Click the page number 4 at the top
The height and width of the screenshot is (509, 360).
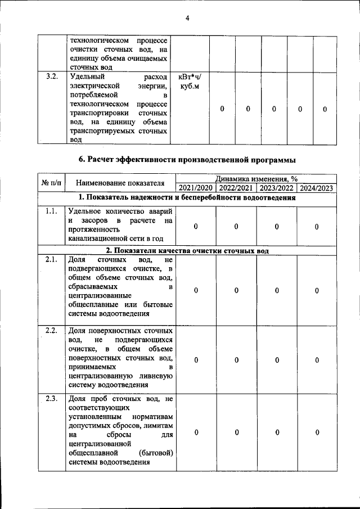point(188,18)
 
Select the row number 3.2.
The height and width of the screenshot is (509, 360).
point(52,76)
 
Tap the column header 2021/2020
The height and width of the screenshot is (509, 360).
point(196,188)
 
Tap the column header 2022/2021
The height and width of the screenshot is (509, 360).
point(236,188)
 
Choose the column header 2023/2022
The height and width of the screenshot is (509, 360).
point(277,188)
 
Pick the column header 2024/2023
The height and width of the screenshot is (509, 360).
point(317,188)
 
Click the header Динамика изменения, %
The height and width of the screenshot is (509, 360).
point(256,179)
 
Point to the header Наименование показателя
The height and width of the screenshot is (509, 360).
point(120,183)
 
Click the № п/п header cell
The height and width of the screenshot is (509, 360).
point(52,183)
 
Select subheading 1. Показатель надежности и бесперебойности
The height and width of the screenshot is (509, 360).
point(187,197)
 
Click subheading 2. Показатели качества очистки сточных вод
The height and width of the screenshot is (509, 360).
point(187,250)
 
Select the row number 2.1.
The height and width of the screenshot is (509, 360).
point(52,260)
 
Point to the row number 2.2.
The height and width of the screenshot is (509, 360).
point(52,330)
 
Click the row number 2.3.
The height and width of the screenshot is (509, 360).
point(52,400)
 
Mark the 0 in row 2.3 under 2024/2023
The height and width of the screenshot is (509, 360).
point(317,432)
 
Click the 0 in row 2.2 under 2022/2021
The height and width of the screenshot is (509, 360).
point(236,360)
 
